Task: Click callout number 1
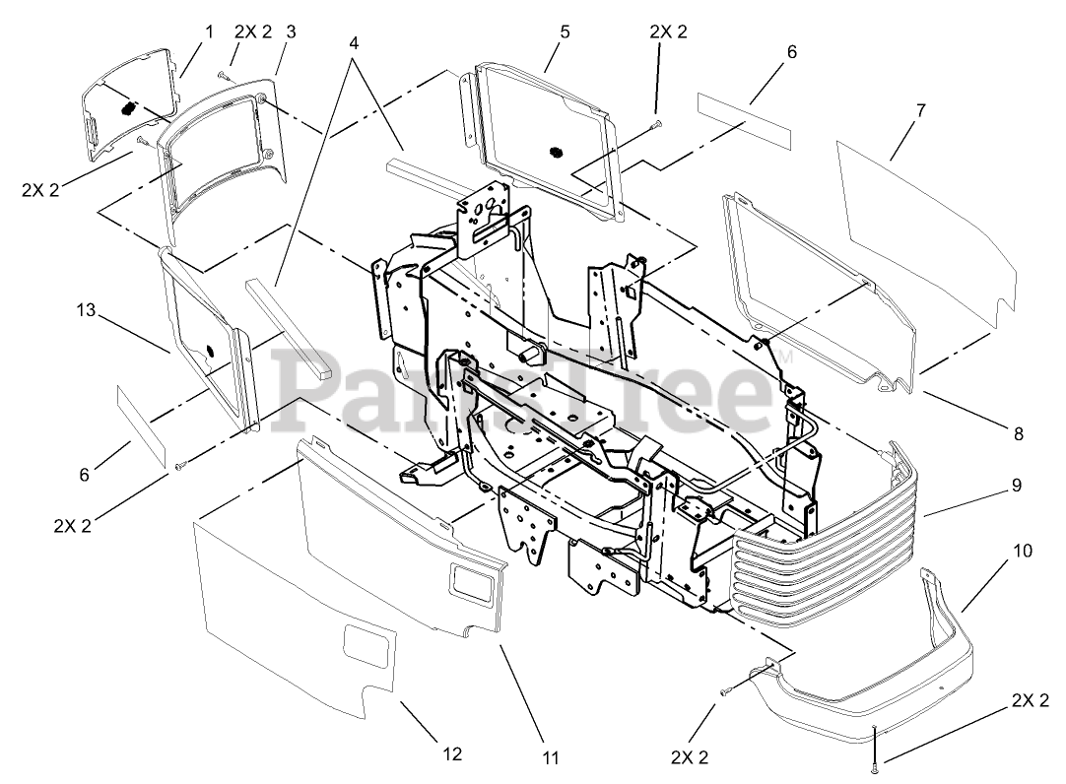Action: coord(209,32)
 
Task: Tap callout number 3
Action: coord(291,32)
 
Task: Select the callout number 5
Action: coord(565,32)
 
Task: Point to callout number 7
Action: coord(920,110)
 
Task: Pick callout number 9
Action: coord(1016,485)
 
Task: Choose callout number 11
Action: coord(551,757)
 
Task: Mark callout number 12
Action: coord(452,754)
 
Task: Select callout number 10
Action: coord(1023,551)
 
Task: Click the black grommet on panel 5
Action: coord(555,153)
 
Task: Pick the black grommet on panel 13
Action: coord(211,352)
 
